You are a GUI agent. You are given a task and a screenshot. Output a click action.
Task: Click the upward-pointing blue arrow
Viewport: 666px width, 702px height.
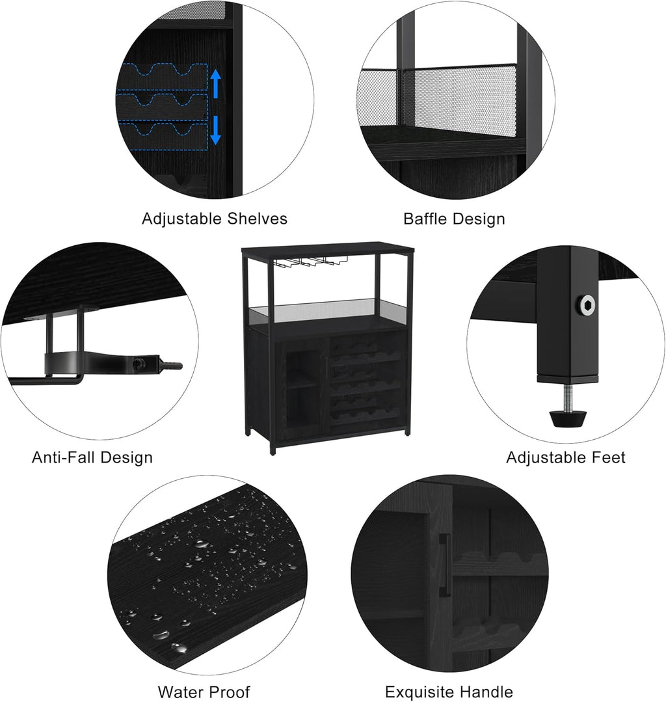(216, 83)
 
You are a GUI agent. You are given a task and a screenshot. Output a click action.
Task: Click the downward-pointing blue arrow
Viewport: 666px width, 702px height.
(216, 130)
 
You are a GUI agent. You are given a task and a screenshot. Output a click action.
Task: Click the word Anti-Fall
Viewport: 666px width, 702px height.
(64, 457)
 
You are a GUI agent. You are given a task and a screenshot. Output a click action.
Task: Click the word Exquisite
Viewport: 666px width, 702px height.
(420, 692)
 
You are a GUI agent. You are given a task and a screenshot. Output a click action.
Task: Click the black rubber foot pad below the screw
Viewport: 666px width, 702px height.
(568, 418)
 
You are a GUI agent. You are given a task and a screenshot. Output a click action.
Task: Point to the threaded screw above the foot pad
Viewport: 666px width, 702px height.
(568, 397)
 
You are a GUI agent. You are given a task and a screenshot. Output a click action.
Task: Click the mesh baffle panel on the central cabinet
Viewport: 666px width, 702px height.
(328, 310)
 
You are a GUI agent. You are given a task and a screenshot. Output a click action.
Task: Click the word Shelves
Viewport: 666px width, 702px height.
(258, 219)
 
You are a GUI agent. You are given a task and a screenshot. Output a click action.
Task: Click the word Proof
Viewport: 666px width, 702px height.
(228, 692)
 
